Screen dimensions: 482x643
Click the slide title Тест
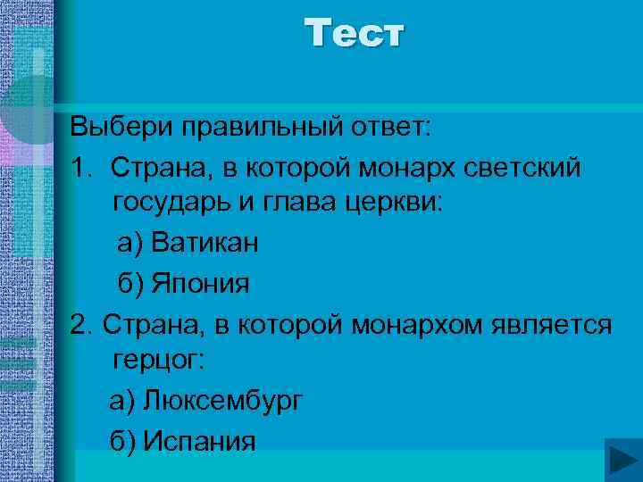[x=355, y=34]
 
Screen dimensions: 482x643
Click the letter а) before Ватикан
[x=130, y=242]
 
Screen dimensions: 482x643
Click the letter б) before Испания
[x=123, y=441]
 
